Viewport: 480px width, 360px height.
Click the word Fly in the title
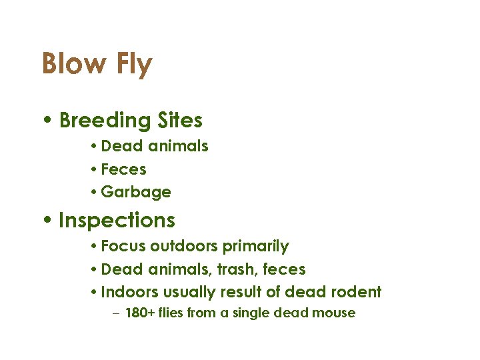pos(133,65)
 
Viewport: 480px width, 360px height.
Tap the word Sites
pos(180,121)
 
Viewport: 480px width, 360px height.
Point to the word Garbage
pos(136,193)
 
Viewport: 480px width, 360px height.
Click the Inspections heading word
pos(117,221)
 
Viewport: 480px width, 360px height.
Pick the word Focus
pos(123,246)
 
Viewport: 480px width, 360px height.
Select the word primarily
pos(255,247)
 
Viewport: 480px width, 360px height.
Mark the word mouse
pos(333,313)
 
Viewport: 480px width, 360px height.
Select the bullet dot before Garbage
pos(95,193)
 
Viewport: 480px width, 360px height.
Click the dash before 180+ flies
pos(115,313)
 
